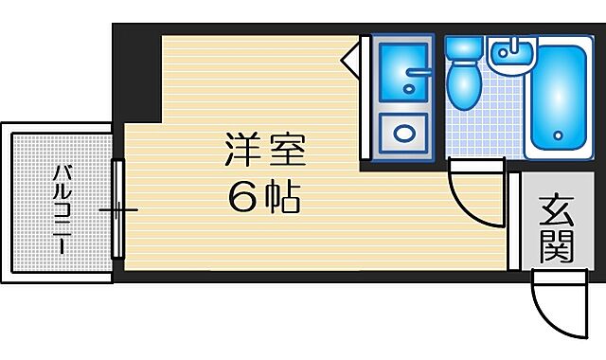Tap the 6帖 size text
[264, 196]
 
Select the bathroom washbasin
[512, 57]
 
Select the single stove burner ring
[401, 131]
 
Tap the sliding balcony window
[117, 208]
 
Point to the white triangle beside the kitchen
[351, 58]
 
